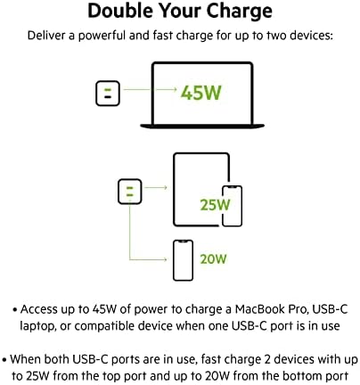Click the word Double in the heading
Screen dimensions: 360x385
point(121,11)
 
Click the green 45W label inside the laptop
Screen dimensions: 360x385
point(201,93)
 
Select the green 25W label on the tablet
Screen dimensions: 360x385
point(215,205)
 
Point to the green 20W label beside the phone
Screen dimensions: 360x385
point(213,259)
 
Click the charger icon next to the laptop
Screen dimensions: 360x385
point(108,94)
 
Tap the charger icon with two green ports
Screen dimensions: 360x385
point(130,192)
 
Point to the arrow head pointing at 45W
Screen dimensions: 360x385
point(175,89)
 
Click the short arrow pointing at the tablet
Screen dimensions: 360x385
point(156,187)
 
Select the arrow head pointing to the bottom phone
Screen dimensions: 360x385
point(165,259)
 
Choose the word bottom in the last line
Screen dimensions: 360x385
point(303,376)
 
